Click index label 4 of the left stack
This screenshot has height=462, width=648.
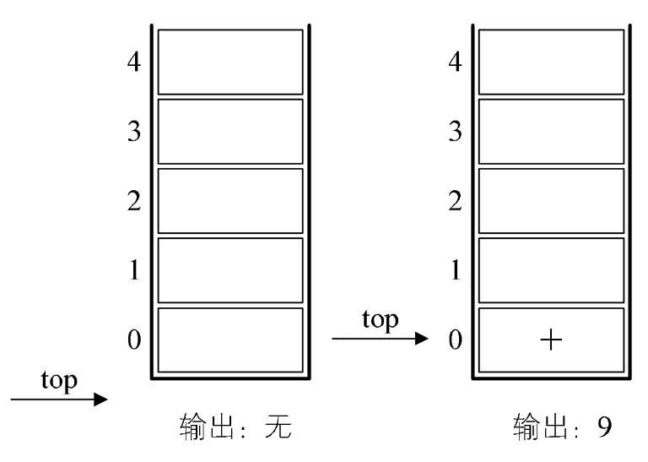(x=134, y=63)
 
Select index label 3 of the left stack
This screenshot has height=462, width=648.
(x=134, y=132)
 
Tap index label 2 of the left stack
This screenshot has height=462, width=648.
(x=134, y=201)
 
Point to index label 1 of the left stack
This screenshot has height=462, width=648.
(x=134, y=270)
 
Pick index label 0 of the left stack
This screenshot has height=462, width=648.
(x=134, y=340)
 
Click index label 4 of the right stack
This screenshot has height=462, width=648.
(x=455, y=63)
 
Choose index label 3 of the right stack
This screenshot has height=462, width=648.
(x=455, y=132)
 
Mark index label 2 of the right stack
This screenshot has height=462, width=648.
(x=455, y=201)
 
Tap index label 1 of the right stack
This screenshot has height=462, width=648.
(x=456, y=270)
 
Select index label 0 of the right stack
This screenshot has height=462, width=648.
(x=455, y=340)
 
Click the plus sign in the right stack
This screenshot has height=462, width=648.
(x=551, y=340)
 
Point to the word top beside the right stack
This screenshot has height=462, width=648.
(x=381, y=320)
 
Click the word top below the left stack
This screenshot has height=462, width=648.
(x=59, y=381)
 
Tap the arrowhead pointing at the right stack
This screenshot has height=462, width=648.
(x=422, y=339)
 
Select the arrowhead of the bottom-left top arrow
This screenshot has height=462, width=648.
(x=101, y=399)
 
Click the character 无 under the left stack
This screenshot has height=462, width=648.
(x=278, y=426)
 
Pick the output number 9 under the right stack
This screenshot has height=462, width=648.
(x=604, y=427)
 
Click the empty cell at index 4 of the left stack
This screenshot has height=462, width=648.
(x=230, y=62)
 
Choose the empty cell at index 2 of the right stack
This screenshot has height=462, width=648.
(x=551, y=201)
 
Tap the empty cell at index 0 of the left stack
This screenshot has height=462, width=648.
(x=230, y=340)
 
